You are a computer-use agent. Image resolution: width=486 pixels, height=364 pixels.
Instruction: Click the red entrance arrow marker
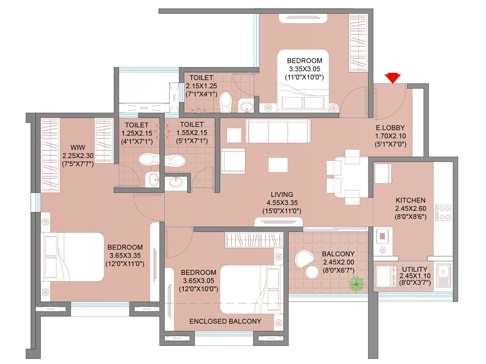pos(392,78)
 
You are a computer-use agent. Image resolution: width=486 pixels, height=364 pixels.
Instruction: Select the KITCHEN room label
pos(410,200)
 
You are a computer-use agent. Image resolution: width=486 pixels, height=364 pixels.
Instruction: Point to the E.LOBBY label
pos(390,128)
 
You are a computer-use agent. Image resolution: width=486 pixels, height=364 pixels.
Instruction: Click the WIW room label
pos(78,148)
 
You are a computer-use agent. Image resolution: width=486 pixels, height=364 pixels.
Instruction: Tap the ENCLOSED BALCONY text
pos(225,321)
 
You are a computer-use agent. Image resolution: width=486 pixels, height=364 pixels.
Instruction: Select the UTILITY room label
pos(414,269)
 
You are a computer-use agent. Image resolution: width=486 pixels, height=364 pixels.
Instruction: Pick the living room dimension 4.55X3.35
pos(282,203)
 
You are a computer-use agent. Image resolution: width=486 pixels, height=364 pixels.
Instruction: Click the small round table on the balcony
pos(312,272)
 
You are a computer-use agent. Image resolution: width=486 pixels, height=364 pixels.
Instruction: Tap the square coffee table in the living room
pos(278,165)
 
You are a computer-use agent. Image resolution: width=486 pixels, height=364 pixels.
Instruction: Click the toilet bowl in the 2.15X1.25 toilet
pos(225,102)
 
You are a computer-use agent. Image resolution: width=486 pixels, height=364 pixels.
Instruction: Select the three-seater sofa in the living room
pos(278,131)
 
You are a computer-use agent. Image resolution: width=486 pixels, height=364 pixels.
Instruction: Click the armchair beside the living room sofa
pos(233,161)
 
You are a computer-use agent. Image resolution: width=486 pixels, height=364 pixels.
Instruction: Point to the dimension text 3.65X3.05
pos(198,281)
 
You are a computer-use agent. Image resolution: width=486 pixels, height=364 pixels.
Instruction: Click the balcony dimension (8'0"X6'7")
pos(338,270)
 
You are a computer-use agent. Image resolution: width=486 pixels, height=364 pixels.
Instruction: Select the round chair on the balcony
pos(304,258)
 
